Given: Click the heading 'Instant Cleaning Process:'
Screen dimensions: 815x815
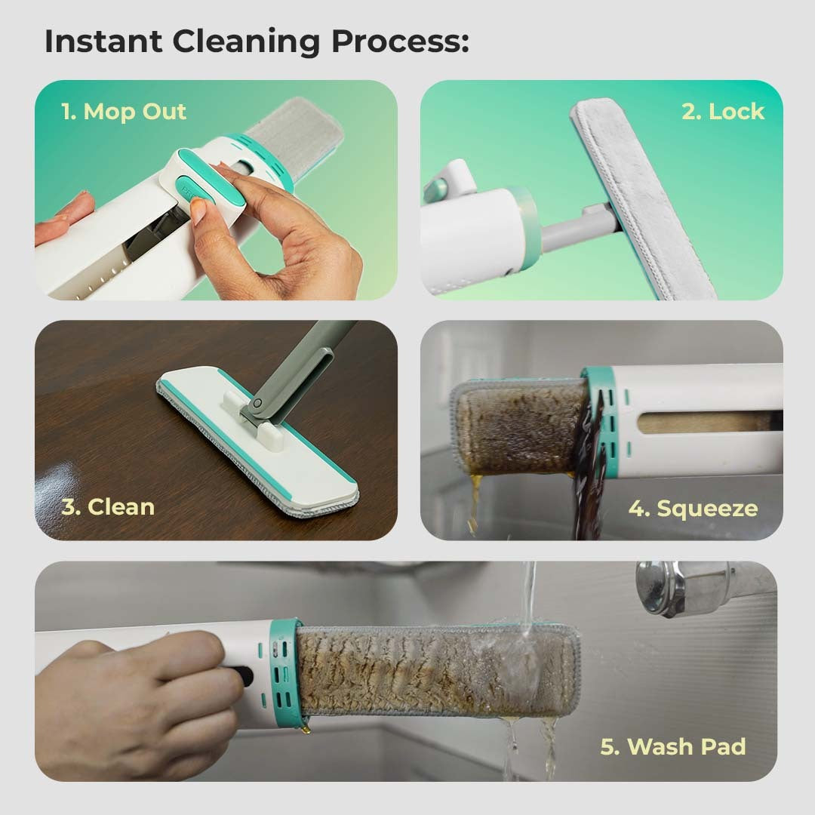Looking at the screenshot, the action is pos(257,42).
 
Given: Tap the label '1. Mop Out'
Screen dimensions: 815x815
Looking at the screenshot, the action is pos(124,111).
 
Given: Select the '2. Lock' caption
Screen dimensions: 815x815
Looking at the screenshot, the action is pos(723,111).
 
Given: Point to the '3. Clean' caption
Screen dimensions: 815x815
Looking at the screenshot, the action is pos(108,507).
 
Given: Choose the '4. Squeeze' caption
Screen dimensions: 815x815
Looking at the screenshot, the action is pos(693,509).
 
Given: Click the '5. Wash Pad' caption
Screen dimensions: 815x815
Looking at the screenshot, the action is pos(673,746).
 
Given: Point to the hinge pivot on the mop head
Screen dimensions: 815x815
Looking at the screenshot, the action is pos(257,403).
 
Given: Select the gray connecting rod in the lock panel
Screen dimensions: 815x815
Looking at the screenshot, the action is pos(577,229).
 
